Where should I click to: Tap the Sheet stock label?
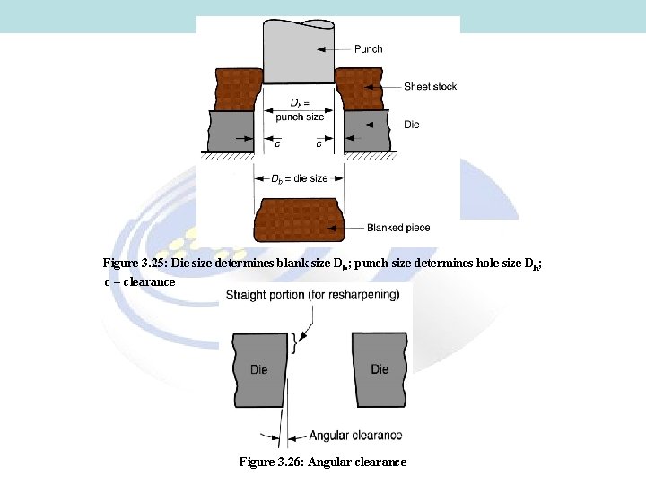pyautogui.click(x=430, y=86)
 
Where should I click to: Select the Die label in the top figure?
pyautogui.click(x=411, y=125)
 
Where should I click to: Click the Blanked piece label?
pyautogui.click(x=398, y=228)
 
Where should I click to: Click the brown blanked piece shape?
pyautogui.click(x=300, y=221)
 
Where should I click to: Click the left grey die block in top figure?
pyautogui.click(x=231, y=131)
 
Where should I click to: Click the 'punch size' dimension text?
pyautogui.click(x=300, y=117)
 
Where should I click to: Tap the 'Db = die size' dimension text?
pyautogui.click(x=300, y=178)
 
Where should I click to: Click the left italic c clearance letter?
pyautogui.click(x=277, y=143)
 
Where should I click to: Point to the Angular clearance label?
pyautogui.click(x=355, y=436)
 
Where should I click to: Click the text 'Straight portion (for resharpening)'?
pyautogui.click(x=312, y=295)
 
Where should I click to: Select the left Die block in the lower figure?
pyautogui.click(x=260, y=368)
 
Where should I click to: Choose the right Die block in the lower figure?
pyautogui.click(x=380, y=368)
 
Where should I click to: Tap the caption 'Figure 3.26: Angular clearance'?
pyautogui.click(x=322, y=462)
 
